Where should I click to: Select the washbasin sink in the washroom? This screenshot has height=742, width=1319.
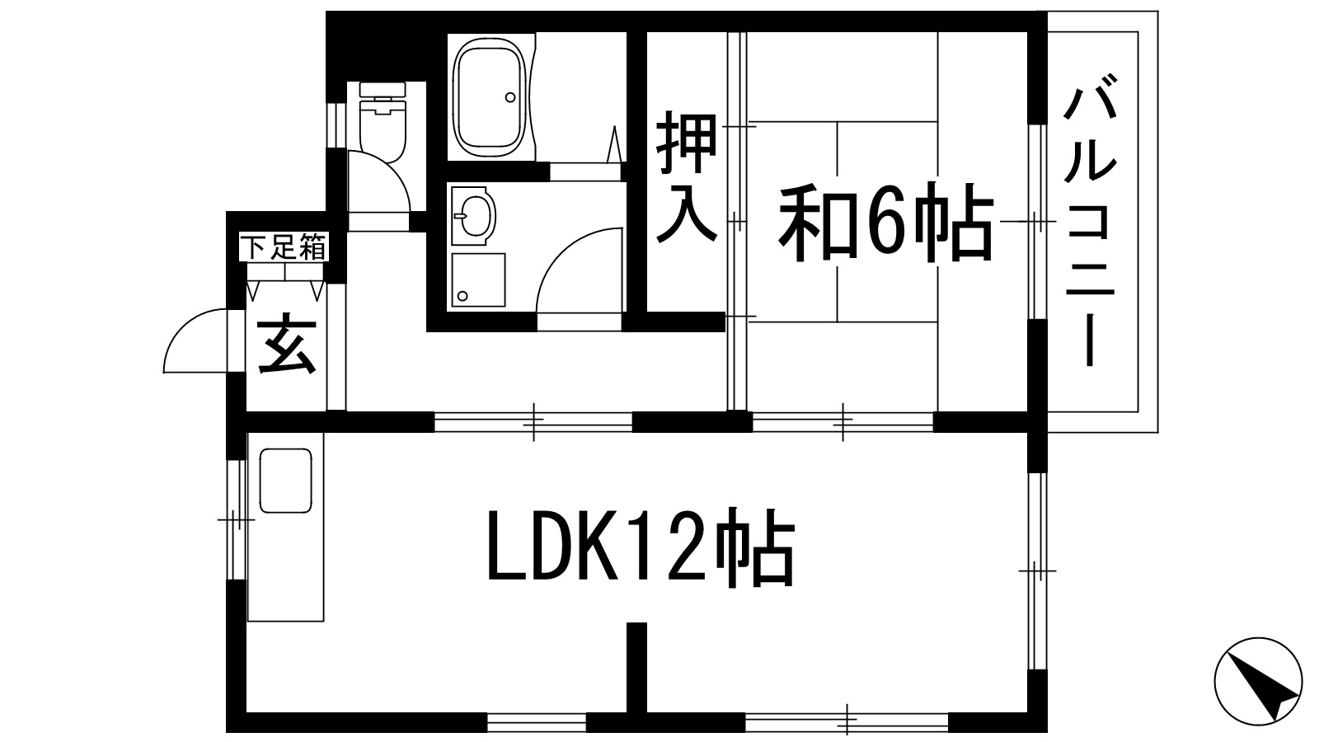[473, 216]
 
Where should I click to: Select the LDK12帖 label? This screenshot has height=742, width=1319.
[641, 547]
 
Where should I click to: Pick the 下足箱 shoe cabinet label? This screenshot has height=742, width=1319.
[285, 247]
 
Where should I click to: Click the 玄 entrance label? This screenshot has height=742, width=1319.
[286, 345]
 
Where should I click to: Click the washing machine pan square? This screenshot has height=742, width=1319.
[477, 281]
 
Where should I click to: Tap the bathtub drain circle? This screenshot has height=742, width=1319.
[510, 97]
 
